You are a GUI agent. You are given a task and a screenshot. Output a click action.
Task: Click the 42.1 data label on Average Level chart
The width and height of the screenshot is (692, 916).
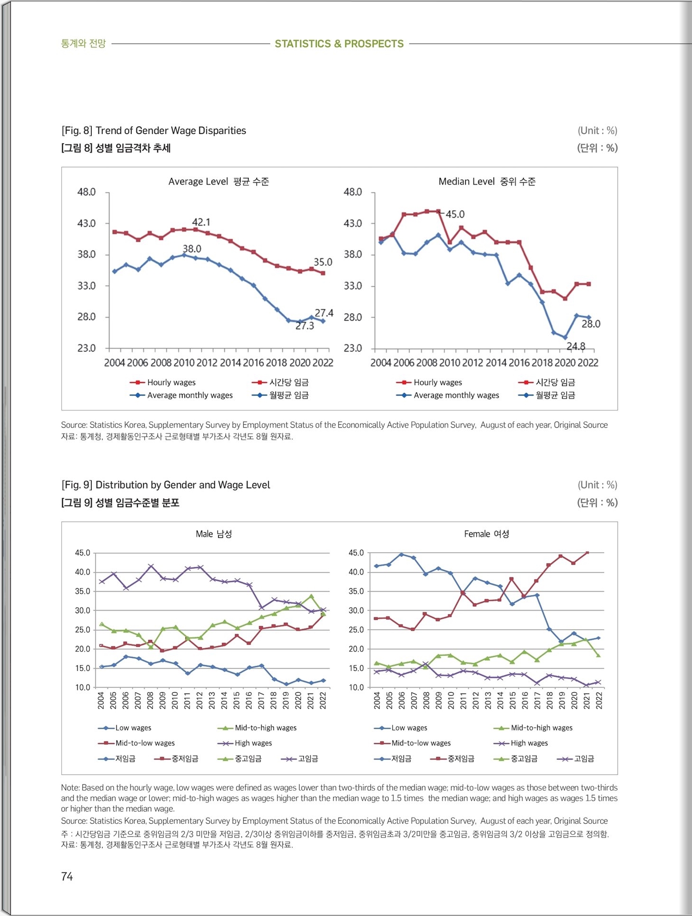pos(201,222)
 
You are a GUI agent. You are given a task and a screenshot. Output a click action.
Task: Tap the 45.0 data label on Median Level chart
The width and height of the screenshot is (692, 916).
pos(455,214)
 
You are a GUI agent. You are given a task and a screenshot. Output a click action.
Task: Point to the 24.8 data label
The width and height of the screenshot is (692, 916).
pos(576,346)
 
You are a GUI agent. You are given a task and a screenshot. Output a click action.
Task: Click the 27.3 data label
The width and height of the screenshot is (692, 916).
pos(305,326)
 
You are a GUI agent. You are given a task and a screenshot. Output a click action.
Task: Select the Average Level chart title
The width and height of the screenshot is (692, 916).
pos(218,181)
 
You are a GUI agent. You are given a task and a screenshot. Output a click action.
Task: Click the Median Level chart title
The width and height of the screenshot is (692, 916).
pos(487,181)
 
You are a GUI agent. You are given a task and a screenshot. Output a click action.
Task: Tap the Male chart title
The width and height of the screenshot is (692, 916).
pos(214,534)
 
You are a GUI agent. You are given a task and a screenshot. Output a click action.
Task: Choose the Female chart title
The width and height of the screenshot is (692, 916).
pos(486,534)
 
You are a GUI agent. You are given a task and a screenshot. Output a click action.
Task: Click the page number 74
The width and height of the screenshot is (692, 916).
pos(67,876)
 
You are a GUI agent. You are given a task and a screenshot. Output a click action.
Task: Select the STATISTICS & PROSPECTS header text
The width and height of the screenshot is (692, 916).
pos(339,44)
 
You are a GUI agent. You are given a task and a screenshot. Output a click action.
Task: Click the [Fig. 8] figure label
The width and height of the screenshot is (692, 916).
pos(77,130)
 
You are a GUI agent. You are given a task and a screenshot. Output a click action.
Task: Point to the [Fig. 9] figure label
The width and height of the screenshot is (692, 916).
pos(77,485)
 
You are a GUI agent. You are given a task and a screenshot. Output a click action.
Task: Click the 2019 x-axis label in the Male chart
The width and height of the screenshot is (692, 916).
pos(286,701)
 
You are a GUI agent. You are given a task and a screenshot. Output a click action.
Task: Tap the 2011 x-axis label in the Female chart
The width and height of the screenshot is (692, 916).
pos(463,701)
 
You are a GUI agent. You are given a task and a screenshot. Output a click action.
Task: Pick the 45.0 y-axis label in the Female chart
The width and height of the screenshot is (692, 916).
pos(356,553)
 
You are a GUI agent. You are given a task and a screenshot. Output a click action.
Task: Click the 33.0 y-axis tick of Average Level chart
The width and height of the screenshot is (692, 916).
pos(87,285)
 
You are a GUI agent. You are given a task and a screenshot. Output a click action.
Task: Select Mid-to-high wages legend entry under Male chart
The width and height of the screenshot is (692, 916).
pos(257,728)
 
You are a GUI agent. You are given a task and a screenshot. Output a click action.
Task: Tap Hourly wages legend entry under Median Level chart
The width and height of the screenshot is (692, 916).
pos(429,382)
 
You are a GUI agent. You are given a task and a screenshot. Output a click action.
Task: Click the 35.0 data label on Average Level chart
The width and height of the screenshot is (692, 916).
pos(323,262)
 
